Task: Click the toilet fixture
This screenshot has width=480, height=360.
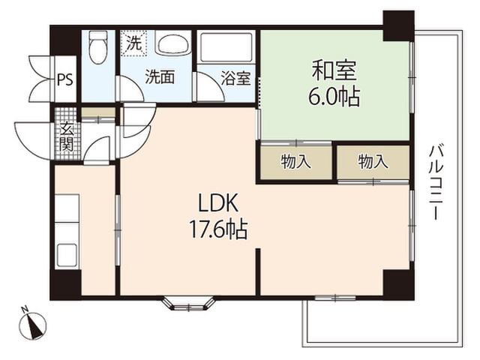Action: point(98,47)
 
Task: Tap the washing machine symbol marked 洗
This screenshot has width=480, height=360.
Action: point(133,43)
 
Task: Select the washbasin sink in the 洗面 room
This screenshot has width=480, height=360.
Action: point(172,43)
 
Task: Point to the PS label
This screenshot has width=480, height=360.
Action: point(65,79)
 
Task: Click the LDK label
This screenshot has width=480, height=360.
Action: point(218,203)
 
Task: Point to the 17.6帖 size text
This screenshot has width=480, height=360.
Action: point(218,229)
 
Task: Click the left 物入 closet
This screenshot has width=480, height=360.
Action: point(295,162)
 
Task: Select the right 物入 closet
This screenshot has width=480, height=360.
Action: point(373,162)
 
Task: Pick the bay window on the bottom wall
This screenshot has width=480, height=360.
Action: point(188,303)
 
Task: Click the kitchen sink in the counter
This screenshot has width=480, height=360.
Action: point(67,255)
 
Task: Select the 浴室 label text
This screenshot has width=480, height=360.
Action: point(235,78)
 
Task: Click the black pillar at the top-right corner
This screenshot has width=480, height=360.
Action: point(399,25)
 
